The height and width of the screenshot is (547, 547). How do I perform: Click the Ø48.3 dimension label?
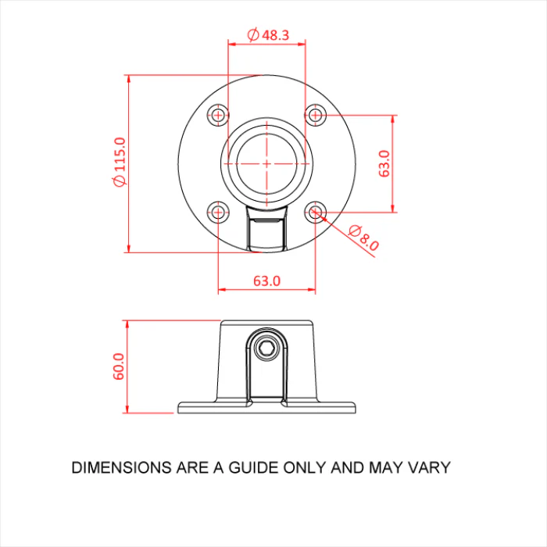(x=268, y=35)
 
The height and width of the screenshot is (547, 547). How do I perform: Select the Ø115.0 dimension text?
(x=120, y=162)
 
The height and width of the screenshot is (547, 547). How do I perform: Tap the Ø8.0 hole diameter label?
(x=363, y=238)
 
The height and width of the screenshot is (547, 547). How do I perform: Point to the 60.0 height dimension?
(x=119, y=366)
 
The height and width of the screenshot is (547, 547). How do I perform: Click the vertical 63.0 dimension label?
(x=384, y=163)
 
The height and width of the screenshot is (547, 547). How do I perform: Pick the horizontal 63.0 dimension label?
(x=267, y=281)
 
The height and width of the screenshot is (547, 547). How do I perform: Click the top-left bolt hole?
(x=218, y=114)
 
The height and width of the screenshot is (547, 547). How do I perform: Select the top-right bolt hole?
(x=316, y=114)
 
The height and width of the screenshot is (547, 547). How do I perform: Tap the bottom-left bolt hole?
(x=218, y=212)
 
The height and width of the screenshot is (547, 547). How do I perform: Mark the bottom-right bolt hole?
(x=316, y=212)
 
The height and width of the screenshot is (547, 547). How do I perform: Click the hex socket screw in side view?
(x=267, y=349)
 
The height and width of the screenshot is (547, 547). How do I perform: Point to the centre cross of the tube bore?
(x=267, y=163)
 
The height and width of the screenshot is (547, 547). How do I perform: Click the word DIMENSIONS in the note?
(x=121, y=467)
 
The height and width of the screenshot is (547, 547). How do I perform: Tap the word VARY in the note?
(x=430, y=467)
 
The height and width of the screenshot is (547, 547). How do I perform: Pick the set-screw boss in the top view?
(x=267, y=228)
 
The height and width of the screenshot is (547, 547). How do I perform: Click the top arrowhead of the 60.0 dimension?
(x=127, y=324)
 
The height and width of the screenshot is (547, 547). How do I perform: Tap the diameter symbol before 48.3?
(x=253, y=34)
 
